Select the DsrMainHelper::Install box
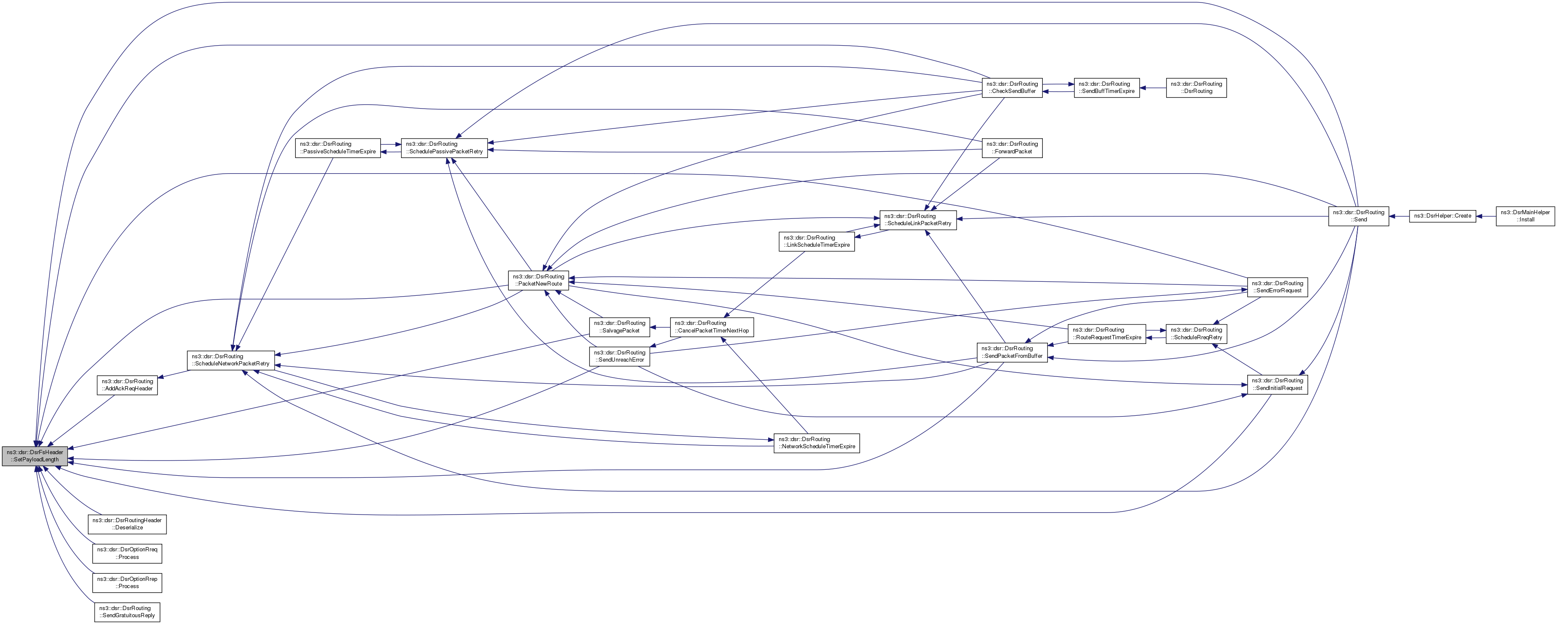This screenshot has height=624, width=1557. [x=1524, y=216]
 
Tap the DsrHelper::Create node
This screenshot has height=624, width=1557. [x=1442, y=216]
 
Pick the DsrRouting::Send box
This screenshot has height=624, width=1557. [x=1358, y=216]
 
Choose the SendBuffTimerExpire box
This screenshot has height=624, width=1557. [x=1106, y=88]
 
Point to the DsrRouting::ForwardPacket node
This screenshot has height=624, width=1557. [x=1012, y=147]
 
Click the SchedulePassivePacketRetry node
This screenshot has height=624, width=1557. [x=444, y=147]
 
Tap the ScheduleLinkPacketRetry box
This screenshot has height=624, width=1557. [x=918, y=220]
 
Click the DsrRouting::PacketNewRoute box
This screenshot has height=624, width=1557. [x=537, y=280]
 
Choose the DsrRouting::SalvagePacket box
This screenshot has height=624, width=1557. [x=619, y=327]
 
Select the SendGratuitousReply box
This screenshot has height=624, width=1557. [x=127, y=612]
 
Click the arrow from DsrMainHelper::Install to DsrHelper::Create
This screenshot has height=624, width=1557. [x=1486, y=216]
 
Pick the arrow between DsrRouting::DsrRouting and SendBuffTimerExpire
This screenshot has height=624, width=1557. [x=1153, y=88]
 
